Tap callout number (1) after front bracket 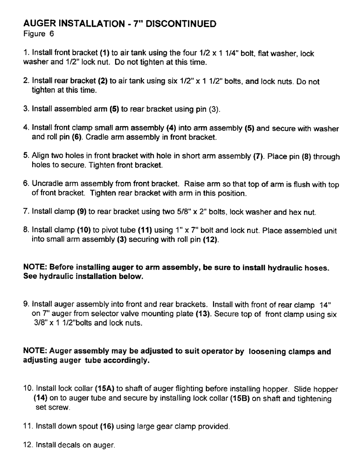102,54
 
